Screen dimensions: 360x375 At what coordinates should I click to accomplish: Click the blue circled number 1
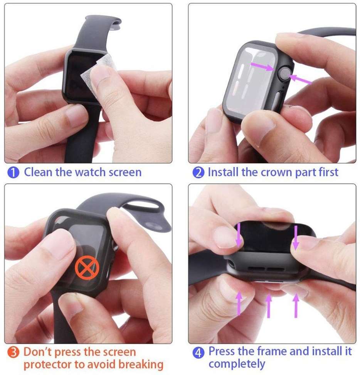coord(13,172)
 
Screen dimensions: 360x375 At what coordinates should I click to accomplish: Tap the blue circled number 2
coord(199,172)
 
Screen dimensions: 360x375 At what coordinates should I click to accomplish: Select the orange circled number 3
coord(13,352)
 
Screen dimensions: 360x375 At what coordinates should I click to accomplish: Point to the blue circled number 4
coord(199,353)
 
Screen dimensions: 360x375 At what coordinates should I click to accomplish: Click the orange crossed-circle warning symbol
coord(87,268)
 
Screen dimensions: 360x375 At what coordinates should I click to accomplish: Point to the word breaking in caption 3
coord(141,365)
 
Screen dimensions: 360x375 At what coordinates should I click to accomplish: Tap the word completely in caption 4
coord(237,364)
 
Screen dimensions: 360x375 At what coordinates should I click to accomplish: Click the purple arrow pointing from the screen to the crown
coord(262,66)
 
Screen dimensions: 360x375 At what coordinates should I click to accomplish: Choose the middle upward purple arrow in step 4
coord(269,306)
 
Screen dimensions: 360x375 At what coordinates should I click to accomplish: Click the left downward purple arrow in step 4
coord(239,235)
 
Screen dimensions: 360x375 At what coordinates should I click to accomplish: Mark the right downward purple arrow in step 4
coord(296,238)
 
